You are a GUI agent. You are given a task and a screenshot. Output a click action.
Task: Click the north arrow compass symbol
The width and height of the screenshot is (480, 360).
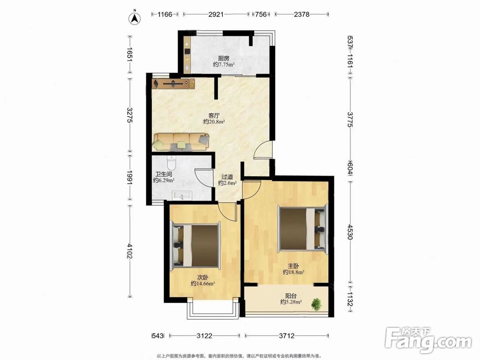pos(134,18)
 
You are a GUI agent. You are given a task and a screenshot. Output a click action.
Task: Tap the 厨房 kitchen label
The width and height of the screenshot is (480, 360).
pos(224,58)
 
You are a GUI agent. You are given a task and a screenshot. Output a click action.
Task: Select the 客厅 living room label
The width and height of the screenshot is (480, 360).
pos(214,116)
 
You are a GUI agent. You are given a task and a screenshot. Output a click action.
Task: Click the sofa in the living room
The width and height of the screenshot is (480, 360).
pos(181,142)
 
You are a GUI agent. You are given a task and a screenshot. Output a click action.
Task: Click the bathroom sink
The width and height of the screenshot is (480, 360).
pos(182,195)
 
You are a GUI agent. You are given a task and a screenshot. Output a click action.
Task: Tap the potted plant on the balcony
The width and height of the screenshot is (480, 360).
pos(316,304)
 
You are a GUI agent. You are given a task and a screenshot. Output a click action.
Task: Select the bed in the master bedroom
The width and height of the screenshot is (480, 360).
pos(302,228)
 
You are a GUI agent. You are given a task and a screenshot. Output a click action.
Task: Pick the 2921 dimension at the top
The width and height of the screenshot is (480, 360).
pos(216,14)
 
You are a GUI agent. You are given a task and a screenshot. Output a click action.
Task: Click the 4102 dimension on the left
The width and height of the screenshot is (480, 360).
pos(130,251)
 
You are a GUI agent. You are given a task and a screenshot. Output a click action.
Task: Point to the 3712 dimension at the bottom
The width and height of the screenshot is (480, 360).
pos(287,336)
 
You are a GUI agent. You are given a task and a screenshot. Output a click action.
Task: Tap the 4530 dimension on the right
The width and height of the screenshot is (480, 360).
pos(350,232)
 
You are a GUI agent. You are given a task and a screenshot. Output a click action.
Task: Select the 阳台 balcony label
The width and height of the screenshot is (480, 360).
pos(291,296)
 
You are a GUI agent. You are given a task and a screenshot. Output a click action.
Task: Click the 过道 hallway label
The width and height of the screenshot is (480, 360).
pos(227,177)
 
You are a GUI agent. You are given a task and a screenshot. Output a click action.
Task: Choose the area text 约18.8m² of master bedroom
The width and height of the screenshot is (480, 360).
pos(293,272)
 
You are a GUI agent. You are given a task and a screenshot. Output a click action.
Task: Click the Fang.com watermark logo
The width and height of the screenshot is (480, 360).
pos(428,340)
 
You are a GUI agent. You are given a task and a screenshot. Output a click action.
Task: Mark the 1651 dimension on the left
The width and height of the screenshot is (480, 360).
pos(130,55)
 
